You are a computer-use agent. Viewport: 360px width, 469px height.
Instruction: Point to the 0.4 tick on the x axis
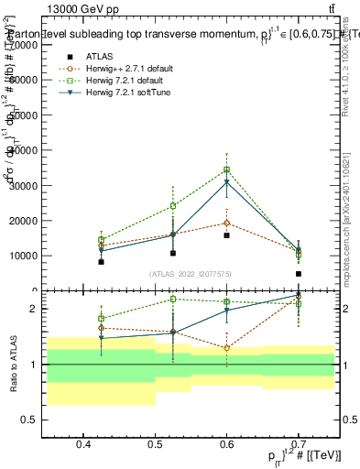coord(83,445)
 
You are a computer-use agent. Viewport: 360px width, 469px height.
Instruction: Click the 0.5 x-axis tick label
coord(155,445)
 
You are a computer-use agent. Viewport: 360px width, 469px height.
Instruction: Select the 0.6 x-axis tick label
coord(226,445)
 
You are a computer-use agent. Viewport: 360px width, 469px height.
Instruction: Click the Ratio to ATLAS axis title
coord(14,365)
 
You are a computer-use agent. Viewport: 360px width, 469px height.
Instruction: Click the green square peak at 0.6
coord(226,169)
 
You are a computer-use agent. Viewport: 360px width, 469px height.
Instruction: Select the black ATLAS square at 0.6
coord(226,235)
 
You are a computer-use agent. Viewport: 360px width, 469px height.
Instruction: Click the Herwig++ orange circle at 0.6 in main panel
coord(226,223)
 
